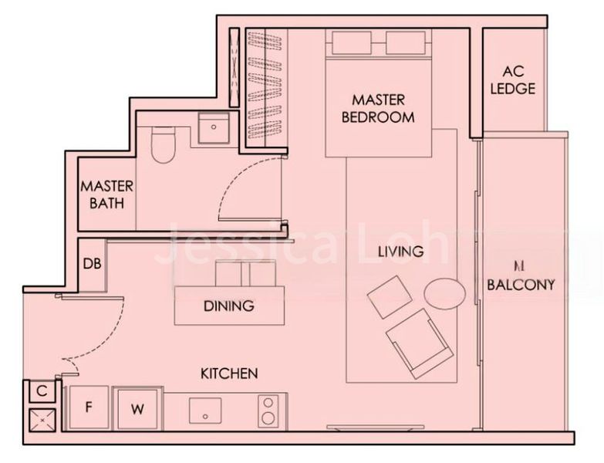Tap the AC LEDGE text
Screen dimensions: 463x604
point(512,80)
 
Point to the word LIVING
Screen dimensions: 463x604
point(400,252)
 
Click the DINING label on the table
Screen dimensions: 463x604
point(228,306)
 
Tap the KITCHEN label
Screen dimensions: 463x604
point(229,373)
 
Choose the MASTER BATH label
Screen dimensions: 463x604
point(107,194)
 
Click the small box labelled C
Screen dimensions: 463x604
point(42,391)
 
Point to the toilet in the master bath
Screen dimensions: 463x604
point(163,146)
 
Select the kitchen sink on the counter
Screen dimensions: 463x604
point(205,410)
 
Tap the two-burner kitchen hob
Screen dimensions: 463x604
point(268,411)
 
